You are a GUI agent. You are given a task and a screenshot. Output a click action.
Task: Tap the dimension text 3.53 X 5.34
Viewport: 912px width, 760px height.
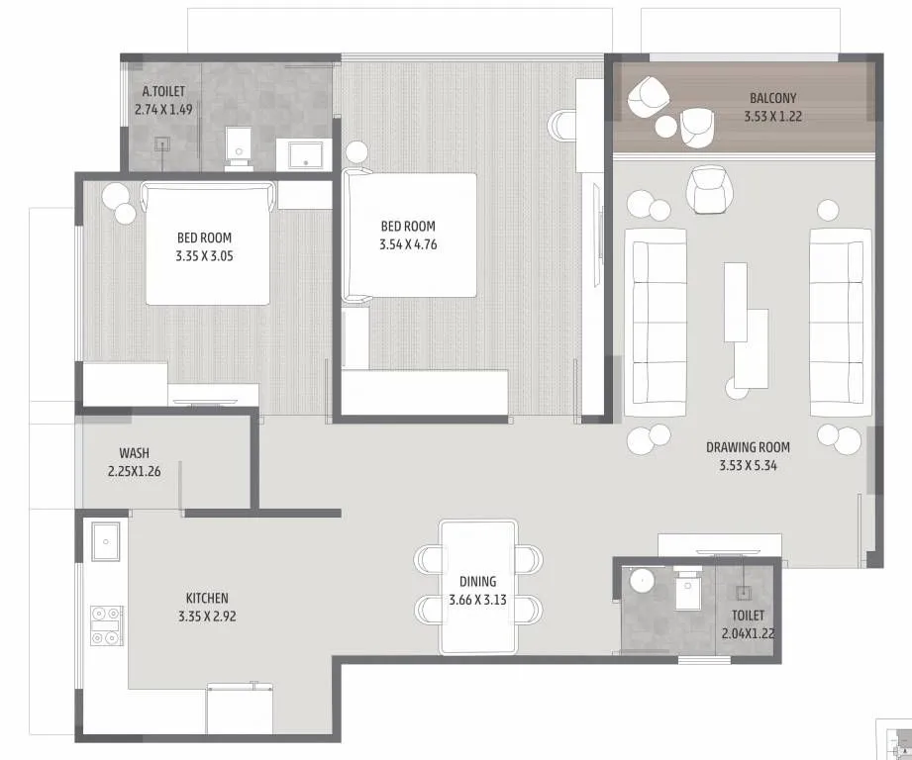click(x=748, y=464)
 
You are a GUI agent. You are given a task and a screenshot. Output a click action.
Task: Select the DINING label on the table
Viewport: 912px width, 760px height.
click(x=477, y=582)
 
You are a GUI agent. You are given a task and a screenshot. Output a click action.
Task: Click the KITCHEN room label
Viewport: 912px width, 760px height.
click(x=207, y=598)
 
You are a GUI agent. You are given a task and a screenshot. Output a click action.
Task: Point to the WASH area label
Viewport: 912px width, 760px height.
click(x=134, y=452)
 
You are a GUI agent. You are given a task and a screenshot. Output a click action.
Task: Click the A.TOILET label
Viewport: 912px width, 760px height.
click(x=162, y=91)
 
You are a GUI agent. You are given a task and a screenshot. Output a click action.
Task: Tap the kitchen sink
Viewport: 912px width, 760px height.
click(x=106, y=540)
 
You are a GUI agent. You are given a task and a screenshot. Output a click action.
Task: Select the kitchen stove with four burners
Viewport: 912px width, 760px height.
click(x=106, y=625)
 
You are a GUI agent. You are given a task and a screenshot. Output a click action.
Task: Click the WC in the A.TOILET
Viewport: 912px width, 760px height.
click(x=239, y=147)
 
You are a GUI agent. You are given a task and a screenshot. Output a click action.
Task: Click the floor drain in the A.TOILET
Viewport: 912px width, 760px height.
click(x=162, y=144)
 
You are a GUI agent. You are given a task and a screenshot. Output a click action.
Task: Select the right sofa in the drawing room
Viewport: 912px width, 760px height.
click(x=840, y=322)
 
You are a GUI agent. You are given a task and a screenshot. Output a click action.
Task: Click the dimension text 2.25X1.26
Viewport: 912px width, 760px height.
click(x=134, y=470)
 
